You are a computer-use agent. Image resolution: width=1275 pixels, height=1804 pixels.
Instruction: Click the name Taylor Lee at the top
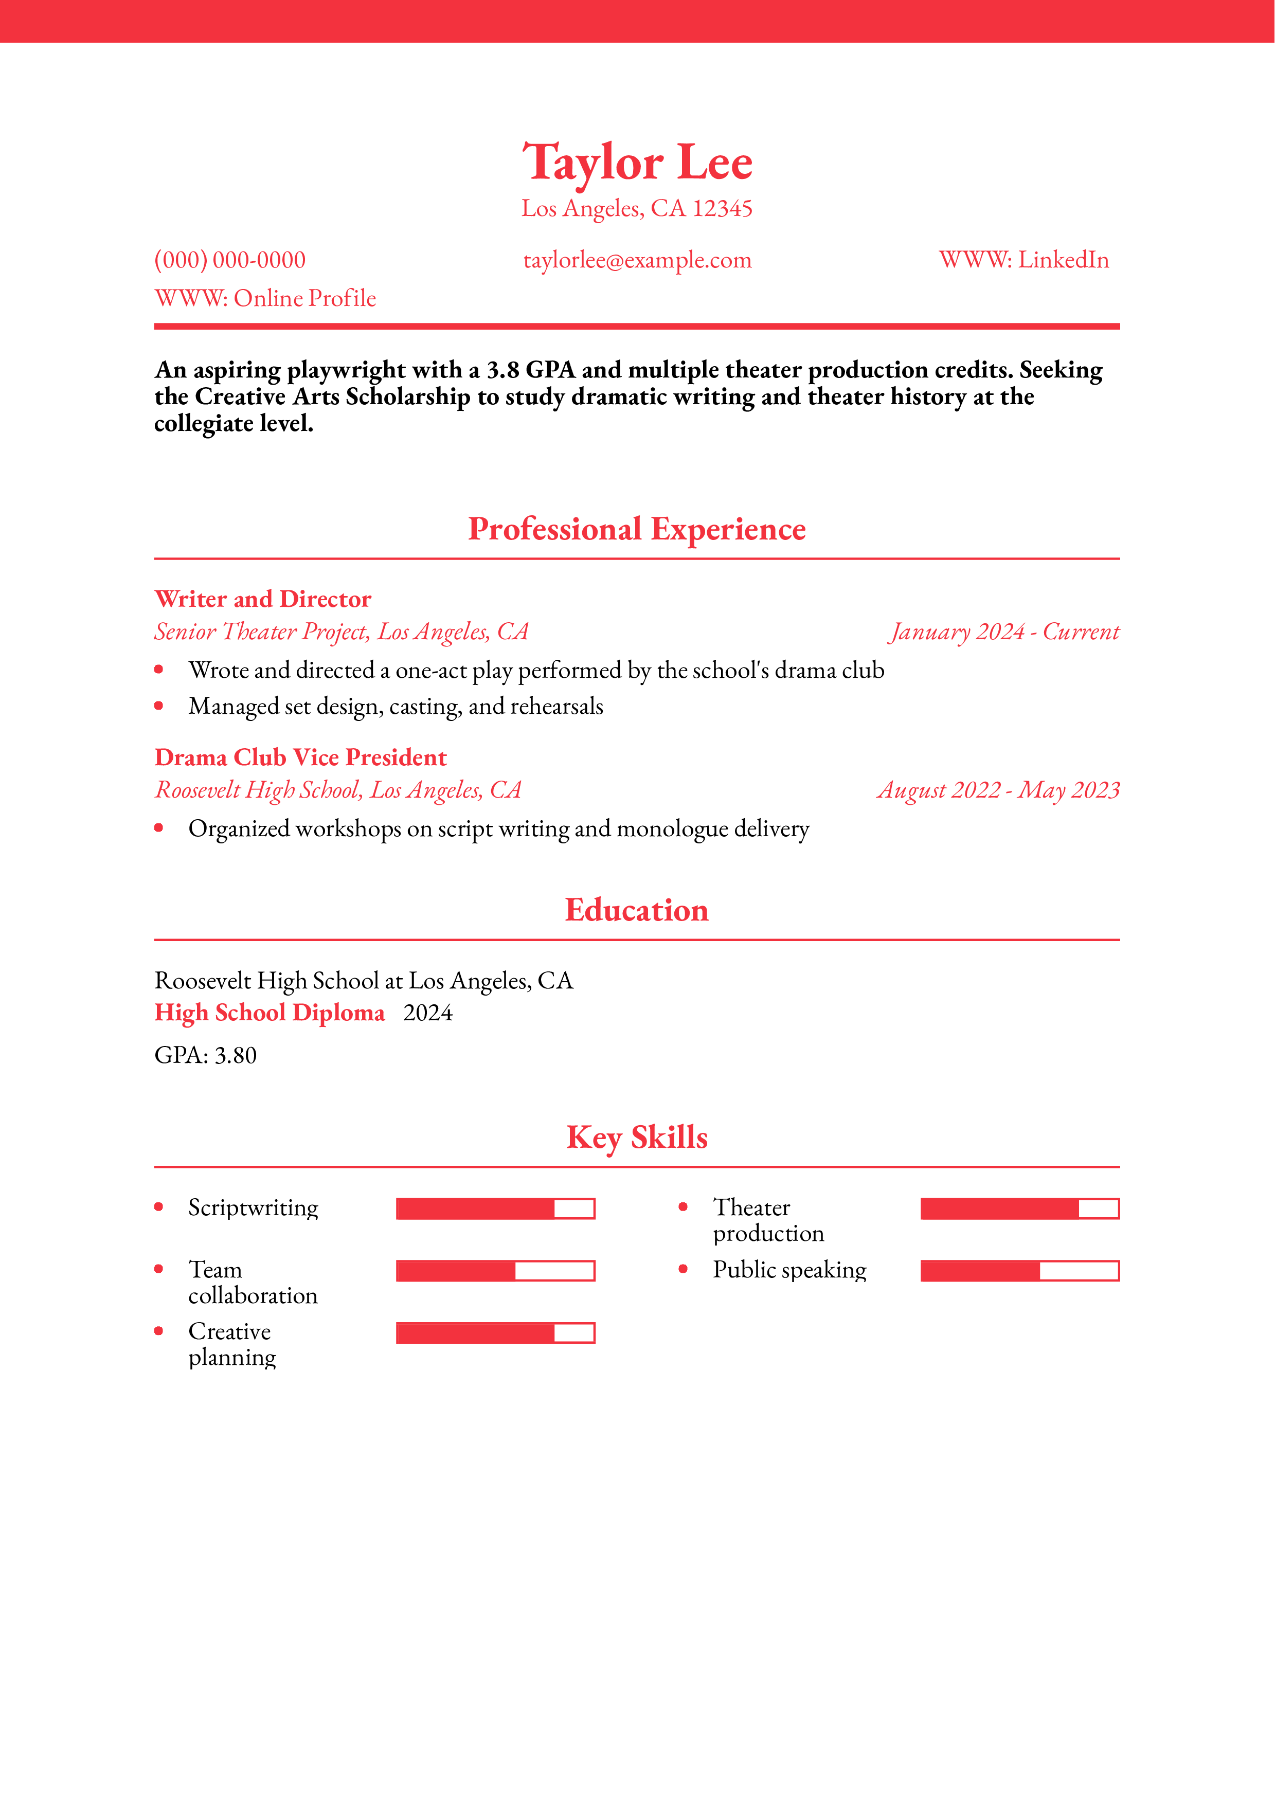click(x=637, y=163)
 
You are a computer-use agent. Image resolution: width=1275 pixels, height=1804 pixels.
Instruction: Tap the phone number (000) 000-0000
click(x=229, y=260)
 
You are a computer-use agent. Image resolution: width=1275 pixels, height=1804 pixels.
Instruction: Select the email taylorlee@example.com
click(x=637, y=260)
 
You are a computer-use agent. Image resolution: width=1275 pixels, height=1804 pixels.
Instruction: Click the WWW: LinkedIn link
click(x=1023, y=260)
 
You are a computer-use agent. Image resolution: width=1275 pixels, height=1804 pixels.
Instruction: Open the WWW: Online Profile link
click(x=265, y=299)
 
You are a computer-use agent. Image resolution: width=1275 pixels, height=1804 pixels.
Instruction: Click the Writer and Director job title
click(x=262, y=600)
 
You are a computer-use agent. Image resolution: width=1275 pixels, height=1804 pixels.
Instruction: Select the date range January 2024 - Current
click(x=1004, y=632)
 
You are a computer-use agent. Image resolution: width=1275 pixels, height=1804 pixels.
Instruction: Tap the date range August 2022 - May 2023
click(x=998, y=790)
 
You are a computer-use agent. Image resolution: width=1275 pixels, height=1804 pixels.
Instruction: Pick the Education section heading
click(x=637, y=910)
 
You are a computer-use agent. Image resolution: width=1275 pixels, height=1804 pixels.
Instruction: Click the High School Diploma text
click(x=270, y=1013)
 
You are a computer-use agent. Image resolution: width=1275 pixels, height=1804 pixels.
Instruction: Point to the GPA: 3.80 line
click(x=206, y=1055)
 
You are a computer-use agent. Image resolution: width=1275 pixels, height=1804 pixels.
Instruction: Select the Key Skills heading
click(x=637, y=1137)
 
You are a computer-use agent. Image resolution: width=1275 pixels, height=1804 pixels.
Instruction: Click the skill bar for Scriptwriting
click(x=495, y=1208)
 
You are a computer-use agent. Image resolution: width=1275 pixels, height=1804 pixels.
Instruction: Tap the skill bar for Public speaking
click(x=1020, y=1271)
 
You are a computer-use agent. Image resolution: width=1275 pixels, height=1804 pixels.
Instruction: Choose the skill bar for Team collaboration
click(x=495, y=1271)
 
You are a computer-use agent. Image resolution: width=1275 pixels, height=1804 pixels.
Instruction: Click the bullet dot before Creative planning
click(x=159, y=1331)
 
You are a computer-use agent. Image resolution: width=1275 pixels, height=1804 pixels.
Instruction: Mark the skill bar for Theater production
click(x=1020, y=1208)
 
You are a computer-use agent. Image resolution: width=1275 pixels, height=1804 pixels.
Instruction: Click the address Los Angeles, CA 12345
click(x=637, y=208)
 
